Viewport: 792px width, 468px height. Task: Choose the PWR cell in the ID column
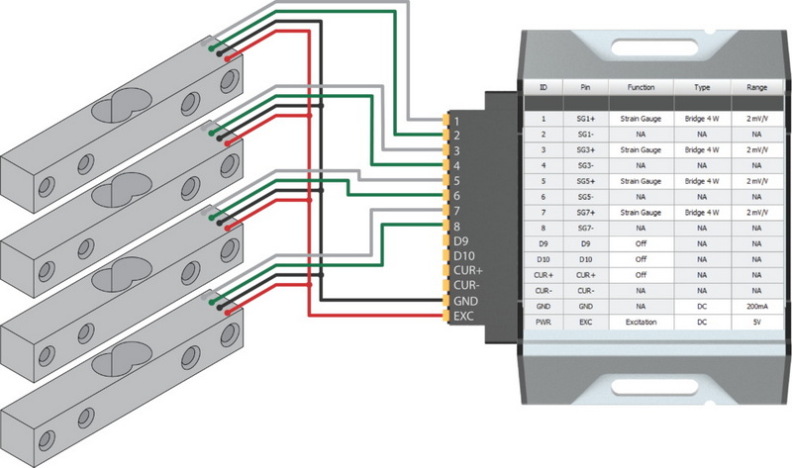tap(544, 322)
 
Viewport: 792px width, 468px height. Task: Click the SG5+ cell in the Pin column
tap(585, 181)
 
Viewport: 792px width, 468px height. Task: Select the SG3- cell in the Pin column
tap(585, 165)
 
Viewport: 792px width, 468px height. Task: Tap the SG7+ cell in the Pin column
tap(585, 212)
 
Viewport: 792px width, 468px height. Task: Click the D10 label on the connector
tap(463, 254)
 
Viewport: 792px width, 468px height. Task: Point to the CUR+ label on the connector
tap(466, 270)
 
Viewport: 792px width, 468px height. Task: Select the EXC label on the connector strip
tap(464, 316)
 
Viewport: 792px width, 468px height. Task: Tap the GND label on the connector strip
tap(464, 300)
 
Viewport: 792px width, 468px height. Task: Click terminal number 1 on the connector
tap(456, 120)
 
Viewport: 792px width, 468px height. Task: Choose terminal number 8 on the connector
tap(456, 225)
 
